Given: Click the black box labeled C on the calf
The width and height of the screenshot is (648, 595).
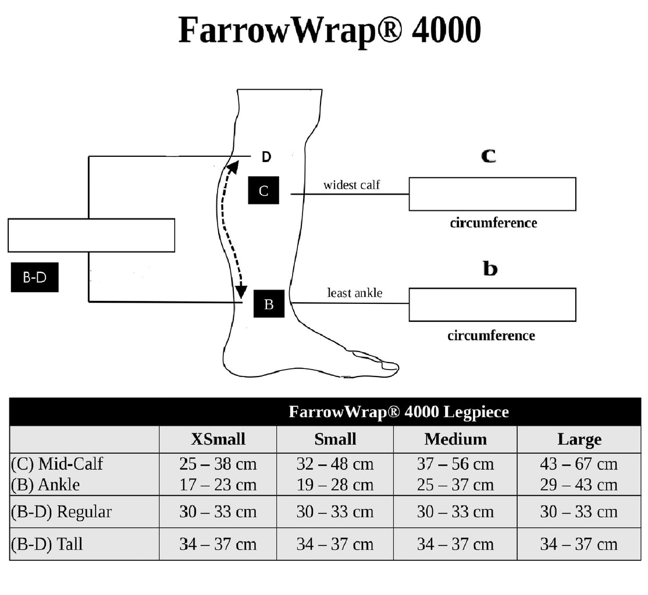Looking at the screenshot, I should [x=264, y=191].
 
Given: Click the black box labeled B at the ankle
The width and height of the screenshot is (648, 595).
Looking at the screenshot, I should [x=269, y=303].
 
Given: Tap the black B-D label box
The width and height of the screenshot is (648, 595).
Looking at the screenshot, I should [x=35, y=278].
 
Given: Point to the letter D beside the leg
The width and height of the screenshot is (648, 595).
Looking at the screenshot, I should [x=266, y=157].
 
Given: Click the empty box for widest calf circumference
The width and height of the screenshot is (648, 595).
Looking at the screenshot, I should [x=492, y=194].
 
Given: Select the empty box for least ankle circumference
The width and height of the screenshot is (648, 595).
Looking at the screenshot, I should [x=492, y=304].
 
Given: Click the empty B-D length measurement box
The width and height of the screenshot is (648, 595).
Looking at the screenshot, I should [x=91, y=235].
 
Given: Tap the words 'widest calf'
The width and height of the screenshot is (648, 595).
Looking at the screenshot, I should [x=351, y=185].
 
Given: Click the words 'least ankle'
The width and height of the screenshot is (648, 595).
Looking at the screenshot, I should [x=355, y=293].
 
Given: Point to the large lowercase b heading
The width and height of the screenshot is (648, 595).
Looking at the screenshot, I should [x=490, y=269].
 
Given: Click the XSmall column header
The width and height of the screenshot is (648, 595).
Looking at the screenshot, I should [x=218, y=439].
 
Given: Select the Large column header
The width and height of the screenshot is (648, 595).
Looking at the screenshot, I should [x=579, y=439].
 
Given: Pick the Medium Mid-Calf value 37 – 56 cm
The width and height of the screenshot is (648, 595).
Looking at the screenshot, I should [x=455, y=464].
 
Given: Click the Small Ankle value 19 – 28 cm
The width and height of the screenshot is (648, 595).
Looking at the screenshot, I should [x=335, y=485].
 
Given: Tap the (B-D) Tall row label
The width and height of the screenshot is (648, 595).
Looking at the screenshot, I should [x=47, y=544].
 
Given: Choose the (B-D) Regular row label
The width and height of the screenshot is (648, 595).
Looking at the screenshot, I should [x=61, y=512].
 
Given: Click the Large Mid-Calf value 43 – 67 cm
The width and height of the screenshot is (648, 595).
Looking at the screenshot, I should [x=579, y=464].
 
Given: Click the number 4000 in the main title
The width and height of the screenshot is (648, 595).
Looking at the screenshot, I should [x=446, y=30].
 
